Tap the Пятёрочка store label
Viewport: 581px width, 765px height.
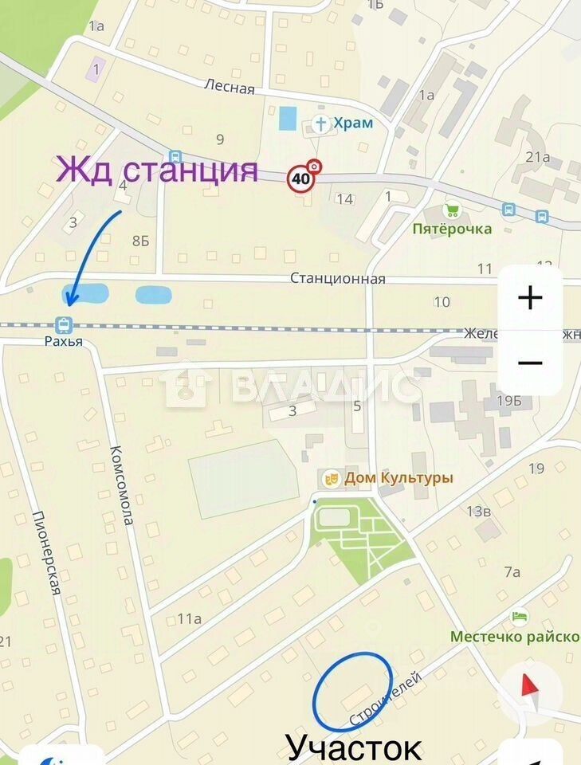[452, 229]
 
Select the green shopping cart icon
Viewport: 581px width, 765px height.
[452, 210]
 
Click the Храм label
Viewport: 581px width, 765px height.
[353, 124]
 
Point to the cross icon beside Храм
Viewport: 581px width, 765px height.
[320, 124]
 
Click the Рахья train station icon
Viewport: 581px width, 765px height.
[63, 325]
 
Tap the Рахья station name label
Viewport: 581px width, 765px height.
[63, 342]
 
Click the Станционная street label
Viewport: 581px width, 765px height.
[337, 279]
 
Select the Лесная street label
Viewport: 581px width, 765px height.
[229, 87]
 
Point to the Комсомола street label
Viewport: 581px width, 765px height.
[121, 484]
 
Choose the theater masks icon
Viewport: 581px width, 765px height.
[331, 478]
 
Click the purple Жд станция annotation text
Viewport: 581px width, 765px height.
[156, 170]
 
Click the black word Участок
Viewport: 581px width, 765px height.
[353, 747]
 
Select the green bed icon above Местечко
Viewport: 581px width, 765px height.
[519, 617]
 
